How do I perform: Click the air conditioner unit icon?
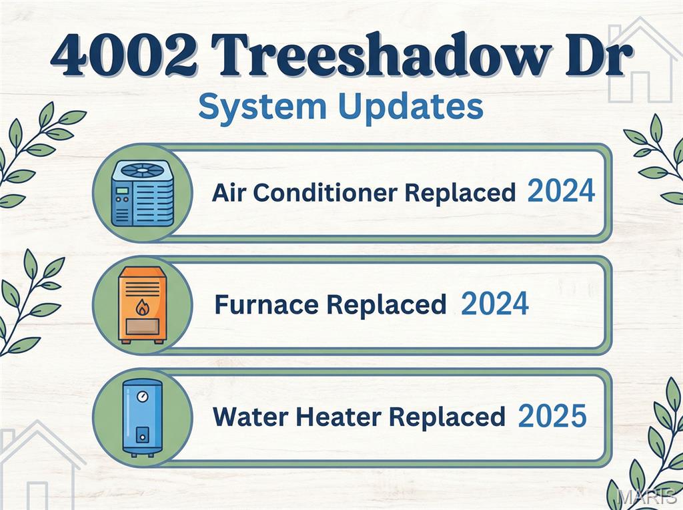click(142, 193)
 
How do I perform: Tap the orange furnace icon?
click(142, 304)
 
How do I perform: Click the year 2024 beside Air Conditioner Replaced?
click(560, 192)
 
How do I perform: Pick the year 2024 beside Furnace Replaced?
click(495, 304)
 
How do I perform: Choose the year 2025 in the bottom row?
click(552, 417)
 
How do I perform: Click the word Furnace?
click(266, 305)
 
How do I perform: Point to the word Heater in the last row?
click(343, 417)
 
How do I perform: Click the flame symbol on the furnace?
click(142, 308)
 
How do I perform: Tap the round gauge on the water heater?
click(141, 396)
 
